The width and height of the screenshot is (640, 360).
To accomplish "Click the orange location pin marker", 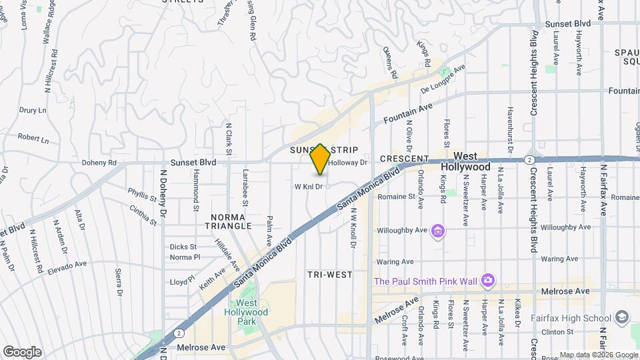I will (x=320, y=159).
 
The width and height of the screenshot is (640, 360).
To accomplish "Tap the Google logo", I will (x=22, y=351).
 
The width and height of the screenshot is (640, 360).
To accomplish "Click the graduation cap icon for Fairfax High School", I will (x=623, y=317).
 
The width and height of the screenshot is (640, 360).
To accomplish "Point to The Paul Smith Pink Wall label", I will (x=426, y=281).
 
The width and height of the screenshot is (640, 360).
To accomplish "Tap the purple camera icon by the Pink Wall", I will (x=488, y=280).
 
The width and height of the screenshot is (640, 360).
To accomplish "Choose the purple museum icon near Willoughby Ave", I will (x=439, y=231).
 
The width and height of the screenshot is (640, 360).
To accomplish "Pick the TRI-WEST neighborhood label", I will (x=329, y=275).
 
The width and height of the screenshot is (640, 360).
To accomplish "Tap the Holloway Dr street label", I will (x=348, y=163).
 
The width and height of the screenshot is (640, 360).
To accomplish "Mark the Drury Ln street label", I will (x=32, y=110).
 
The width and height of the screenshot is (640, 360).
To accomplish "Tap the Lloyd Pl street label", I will (x=181, y=282).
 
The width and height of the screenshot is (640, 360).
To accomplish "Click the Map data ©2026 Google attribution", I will (x=599, y=355).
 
